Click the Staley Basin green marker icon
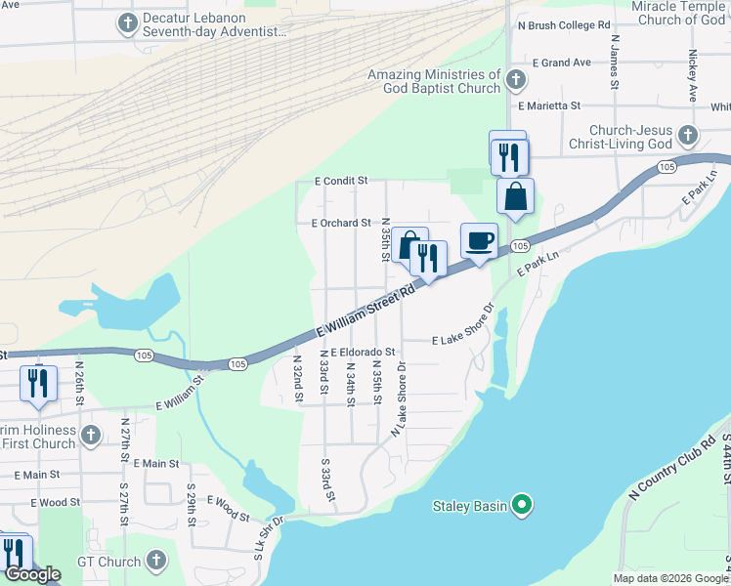tap(522, 505)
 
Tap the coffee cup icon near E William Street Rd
tap(479, 240)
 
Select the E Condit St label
tap(340, 181)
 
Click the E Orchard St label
tap(341, 223)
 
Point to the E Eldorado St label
tap(362, 352)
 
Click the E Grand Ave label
tap(562, 63)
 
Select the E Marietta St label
tap(550, 105)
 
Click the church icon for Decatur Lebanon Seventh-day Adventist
tap(127, 22)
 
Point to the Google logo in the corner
tap(32, 574)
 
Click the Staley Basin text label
tap(470, 505)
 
